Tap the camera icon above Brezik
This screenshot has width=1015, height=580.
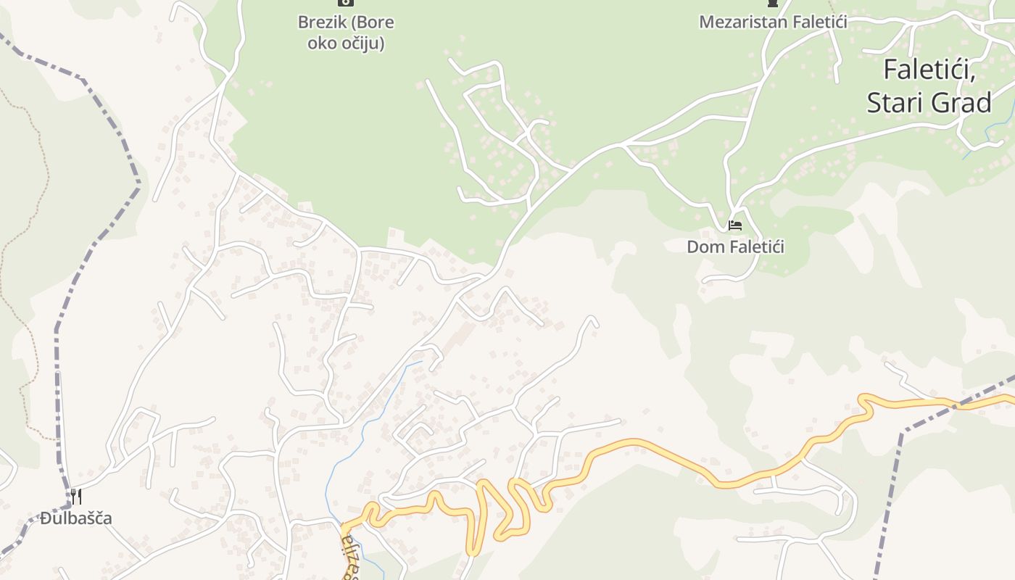[346, 2]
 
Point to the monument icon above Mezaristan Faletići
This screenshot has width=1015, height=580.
[773, 3]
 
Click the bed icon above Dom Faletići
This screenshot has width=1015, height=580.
[735, 225]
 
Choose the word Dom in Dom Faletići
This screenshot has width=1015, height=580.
[702, 247]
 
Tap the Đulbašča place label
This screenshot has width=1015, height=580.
[76, 518]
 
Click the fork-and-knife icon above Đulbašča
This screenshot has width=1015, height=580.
[75, 497]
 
